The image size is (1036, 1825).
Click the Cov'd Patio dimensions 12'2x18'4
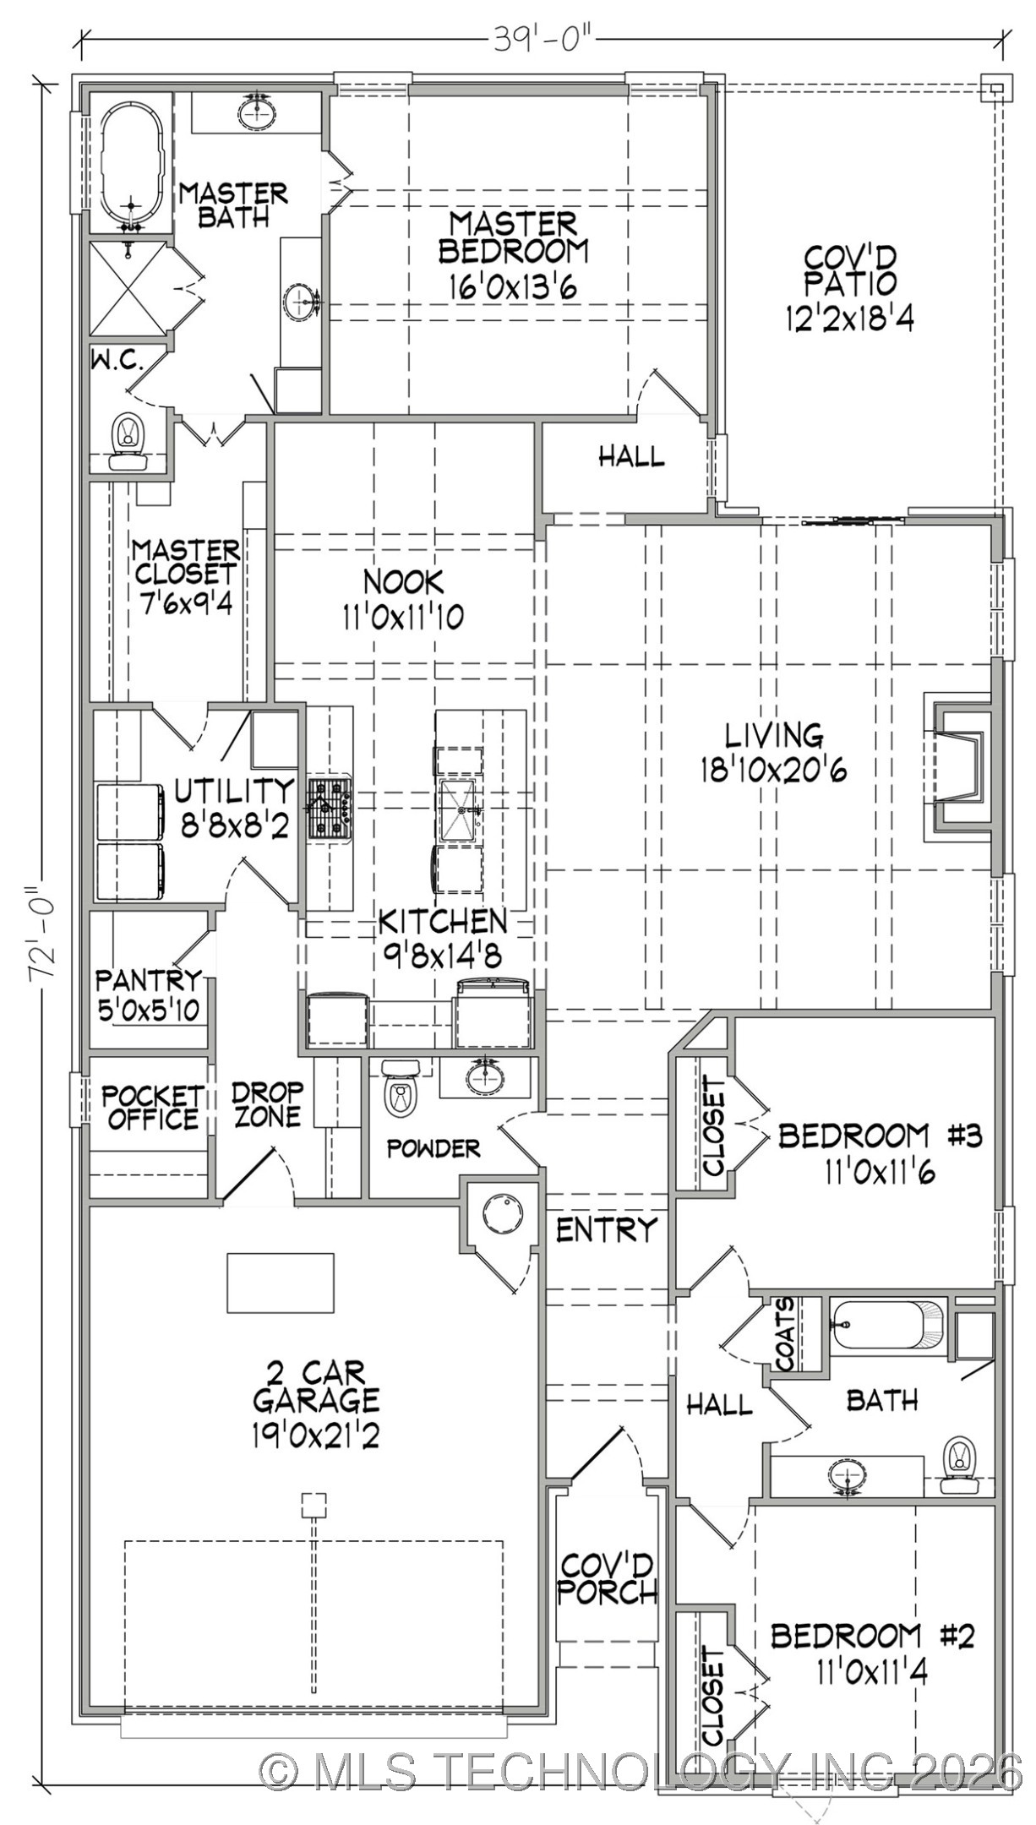coord(849,319)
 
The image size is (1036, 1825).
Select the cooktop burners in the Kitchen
coord(330,809)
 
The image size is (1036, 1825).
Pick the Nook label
coord(403,581)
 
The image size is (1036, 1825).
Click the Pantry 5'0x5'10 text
coord(149,1010)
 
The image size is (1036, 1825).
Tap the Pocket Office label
coord(152,1107)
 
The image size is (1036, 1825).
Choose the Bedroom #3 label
coord(879,1136)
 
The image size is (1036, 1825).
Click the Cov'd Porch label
coord(607,1579)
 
